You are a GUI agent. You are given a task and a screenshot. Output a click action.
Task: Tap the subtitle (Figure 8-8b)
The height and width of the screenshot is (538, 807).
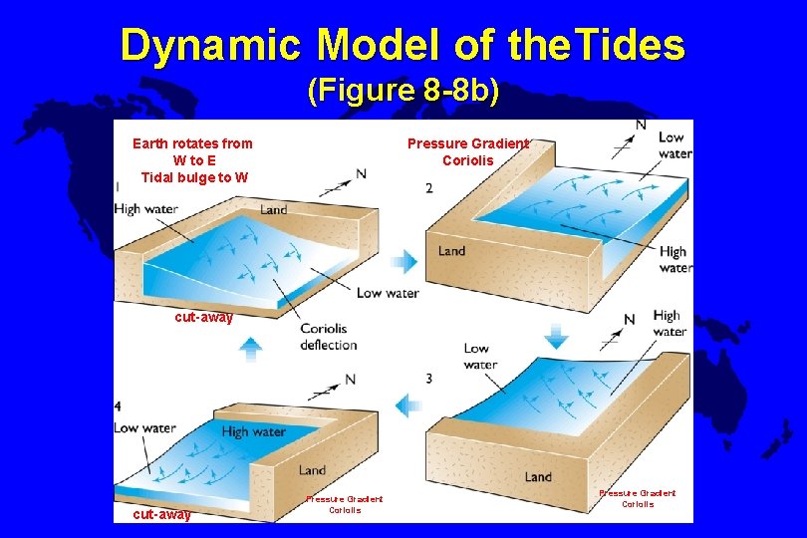[403, 92]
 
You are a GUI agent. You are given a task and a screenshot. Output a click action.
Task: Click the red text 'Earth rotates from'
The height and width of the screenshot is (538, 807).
[192, 143]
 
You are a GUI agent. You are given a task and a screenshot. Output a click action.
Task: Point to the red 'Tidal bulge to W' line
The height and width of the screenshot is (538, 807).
[194, 177]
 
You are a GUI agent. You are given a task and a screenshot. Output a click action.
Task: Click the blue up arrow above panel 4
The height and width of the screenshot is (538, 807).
[251, 348]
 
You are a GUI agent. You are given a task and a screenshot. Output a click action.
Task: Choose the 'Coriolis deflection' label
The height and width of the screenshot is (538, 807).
[328, 337]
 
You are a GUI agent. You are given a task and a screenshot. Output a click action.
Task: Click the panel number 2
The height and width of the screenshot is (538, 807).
[428, 188]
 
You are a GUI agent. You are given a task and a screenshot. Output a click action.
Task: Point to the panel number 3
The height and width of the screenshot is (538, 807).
[428, 379]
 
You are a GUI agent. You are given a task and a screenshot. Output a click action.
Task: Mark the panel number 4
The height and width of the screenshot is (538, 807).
[119, 406]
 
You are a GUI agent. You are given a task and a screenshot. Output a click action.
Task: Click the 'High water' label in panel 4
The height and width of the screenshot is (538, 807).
[253, 431]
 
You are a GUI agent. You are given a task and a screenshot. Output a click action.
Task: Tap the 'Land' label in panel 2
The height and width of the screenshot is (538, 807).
[451, 251]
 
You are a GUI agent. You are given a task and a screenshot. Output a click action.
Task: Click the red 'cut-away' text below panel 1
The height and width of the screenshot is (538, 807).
[203, 318]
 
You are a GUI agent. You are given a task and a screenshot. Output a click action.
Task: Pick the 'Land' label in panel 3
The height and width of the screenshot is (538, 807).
[538, 477]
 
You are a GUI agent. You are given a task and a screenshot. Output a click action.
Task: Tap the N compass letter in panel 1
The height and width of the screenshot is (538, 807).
[361, 173]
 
